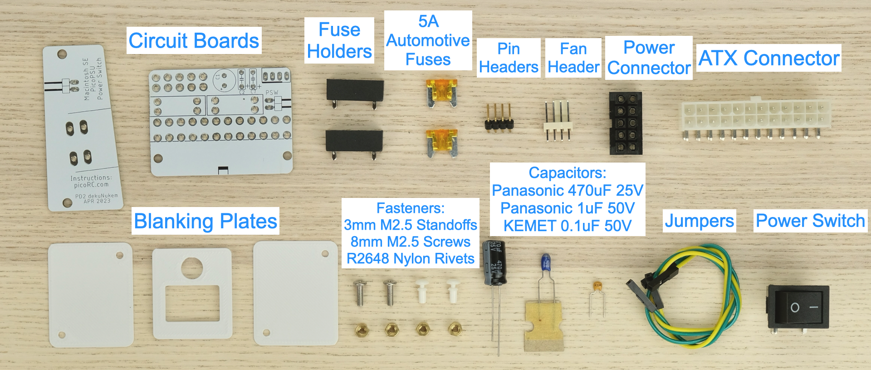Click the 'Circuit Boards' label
pos(194,41)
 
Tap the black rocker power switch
pos(798,307)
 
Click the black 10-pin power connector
pos(625,123)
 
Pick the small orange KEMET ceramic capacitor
pos(598,286)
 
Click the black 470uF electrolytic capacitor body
pos(494,263)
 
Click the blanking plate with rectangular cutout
pos(192,294)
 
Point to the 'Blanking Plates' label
pos(205,221)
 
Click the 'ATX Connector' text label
pos(769,58)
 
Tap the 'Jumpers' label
pos(699,221)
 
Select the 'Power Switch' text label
pos(810,221)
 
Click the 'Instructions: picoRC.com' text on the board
pos(91,181)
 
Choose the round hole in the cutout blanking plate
pos(192,267)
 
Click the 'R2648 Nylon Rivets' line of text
pos(411,258)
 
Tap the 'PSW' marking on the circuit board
pos(272,93)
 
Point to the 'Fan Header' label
pos(573,58)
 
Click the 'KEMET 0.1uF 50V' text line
pos(567,226)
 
